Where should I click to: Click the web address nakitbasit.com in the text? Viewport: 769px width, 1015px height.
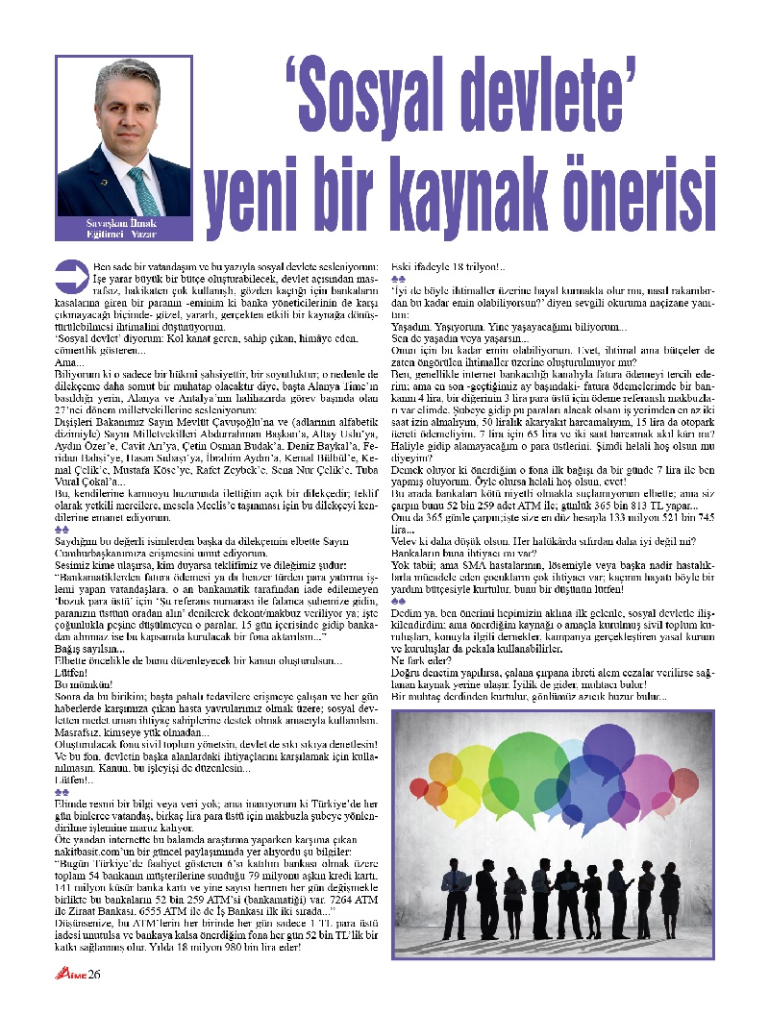tap(96, 879)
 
